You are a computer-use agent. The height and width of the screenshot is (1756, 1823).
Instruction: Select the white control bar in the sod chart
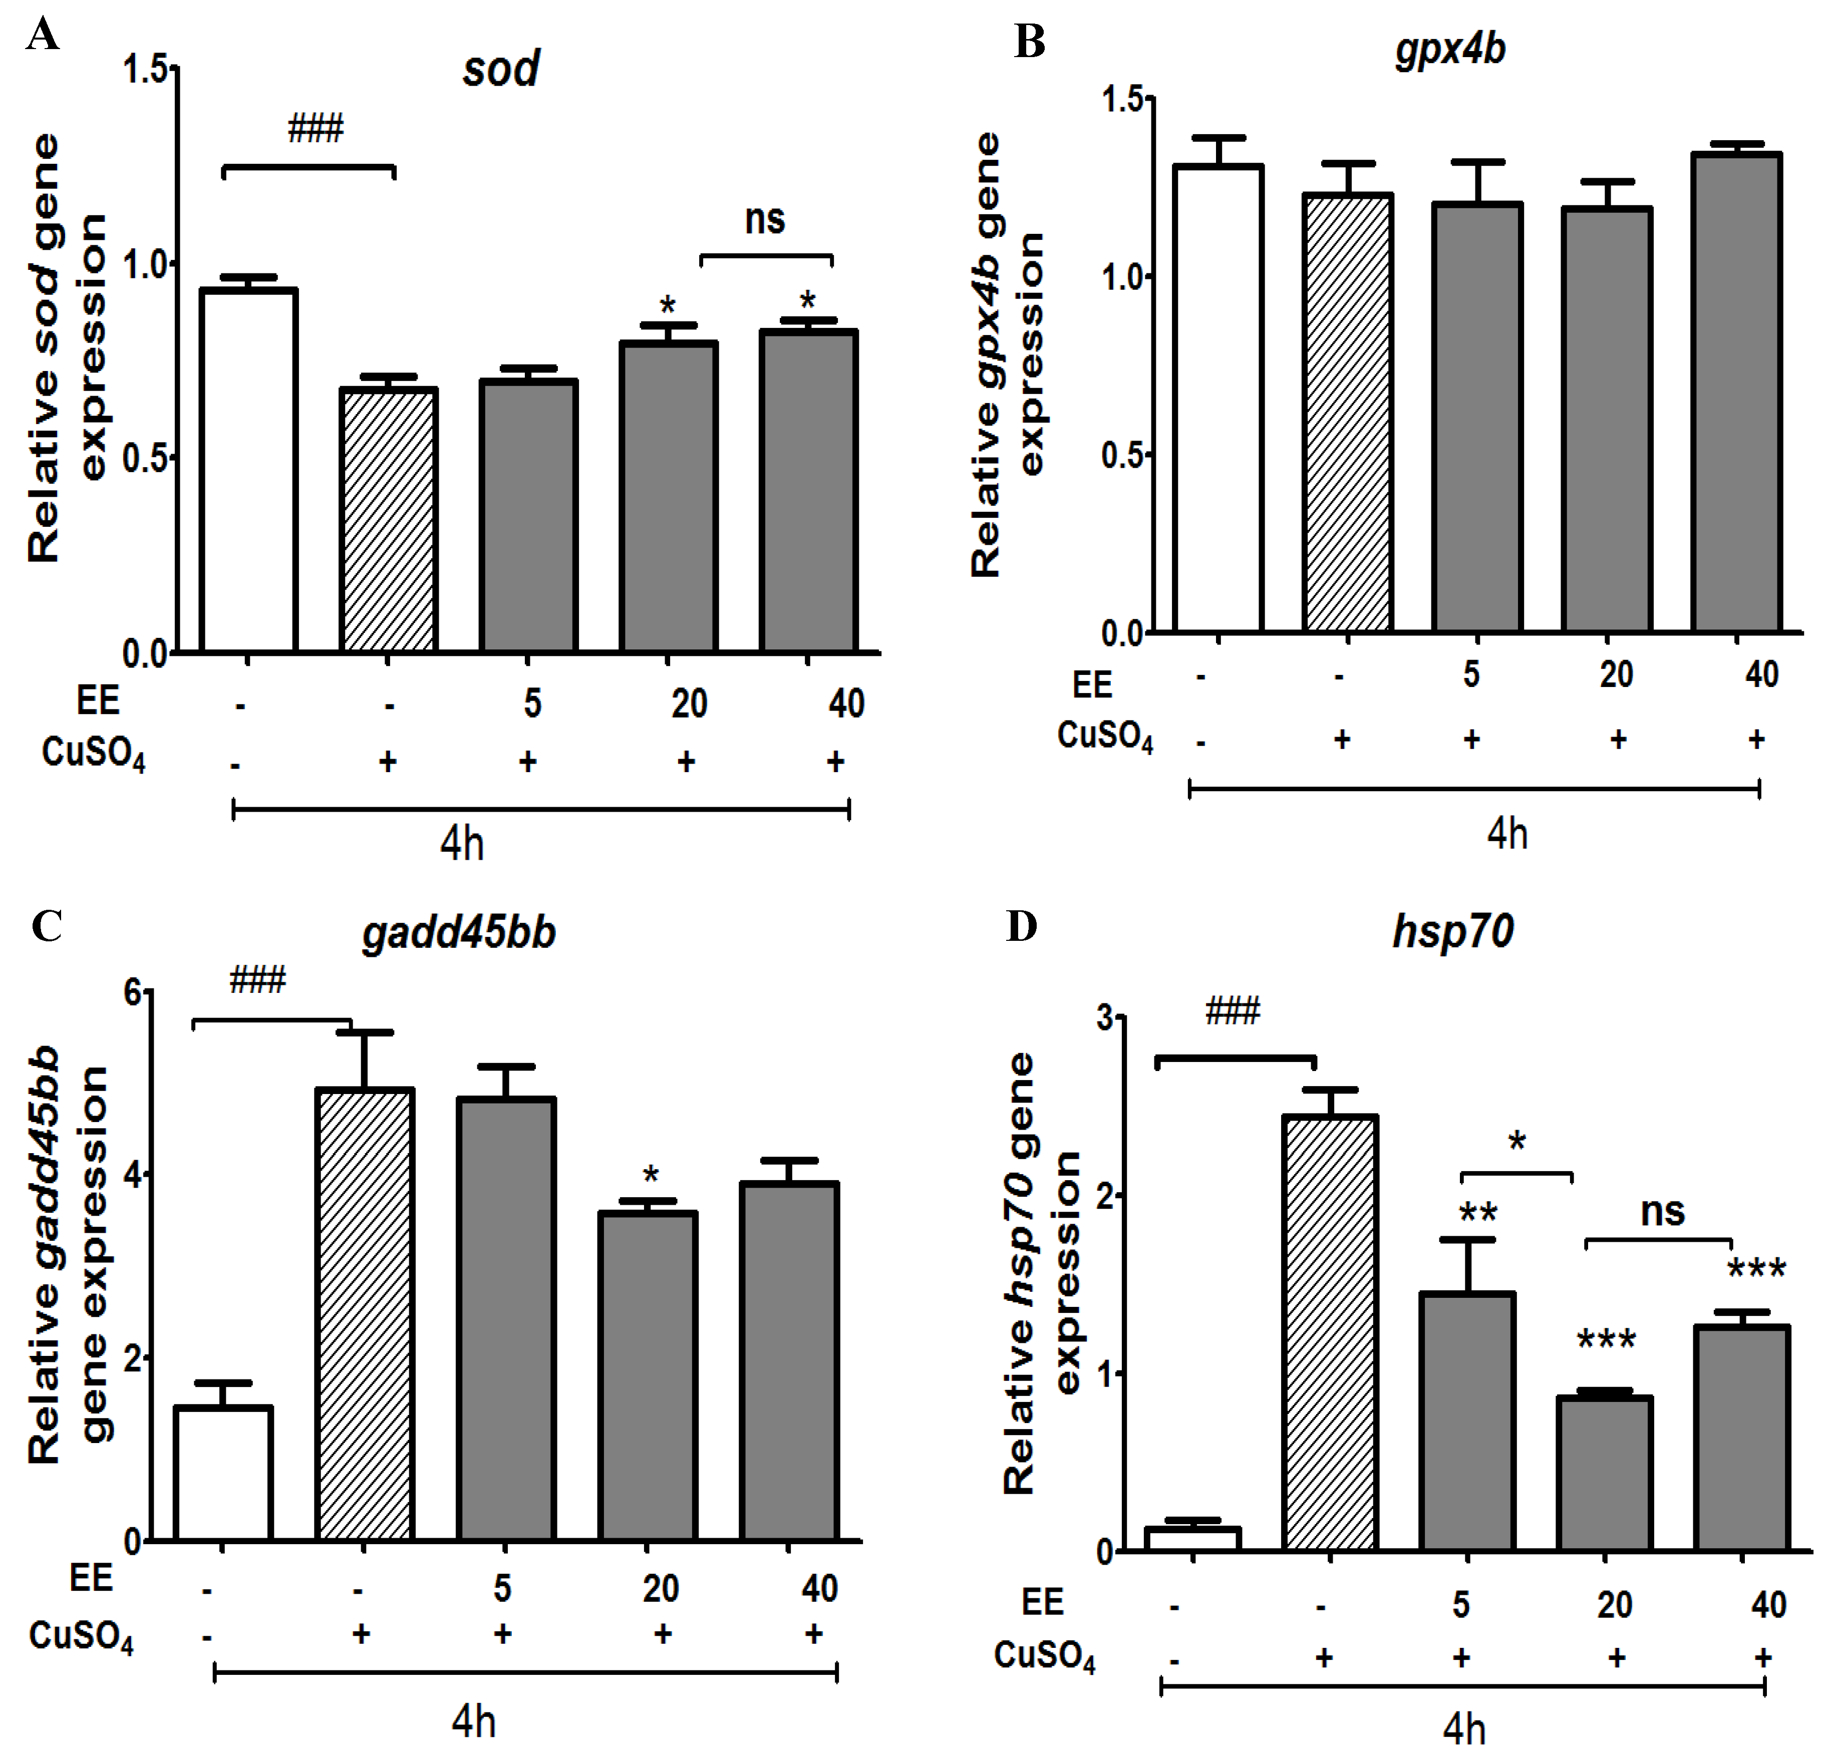coord(248,470)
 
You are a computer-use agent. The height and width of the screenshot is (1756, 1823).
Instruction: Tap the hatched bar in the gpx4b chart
coord(1347,414)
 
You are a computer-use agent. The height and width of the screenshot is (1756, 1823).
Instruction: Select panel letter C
coord(47,926)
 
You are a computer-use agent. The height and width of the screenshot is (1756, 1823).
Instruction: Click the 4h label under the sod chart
coord(461,844)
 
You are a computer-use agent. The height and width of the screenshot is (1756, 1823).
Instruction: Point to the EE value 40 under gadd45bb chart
coord(819,1588)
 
